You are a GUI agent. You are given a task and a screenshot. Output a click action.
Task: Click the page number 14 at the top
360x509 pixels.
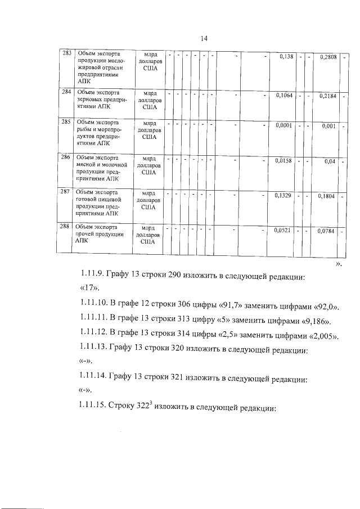pyautogui.click(x=205, y=38)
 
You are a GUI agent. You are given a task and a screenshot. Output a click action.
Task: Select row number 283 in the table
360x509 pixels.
pyautogui.click(x=67, y=53)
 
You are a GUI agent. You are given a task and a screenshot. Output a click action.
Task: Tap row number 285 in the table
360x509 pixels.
pyautogui.click(x=66, y=121)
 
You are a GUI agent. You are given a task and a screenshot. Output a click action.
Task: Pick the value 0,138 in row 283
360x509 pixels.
pyautogui.click(x=286, y=57)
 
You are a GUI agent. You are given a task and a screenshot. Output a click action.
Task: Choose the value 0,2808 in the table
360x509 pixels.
pyautogui.click(x=328, y=57)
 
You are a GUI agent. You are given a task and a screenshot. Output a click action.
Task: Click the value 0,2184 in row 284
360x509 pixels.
pyautogui.click(x=327, y=96)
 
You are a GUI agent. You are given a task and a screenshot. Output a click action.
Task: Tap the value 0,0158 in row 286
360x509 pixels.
pyautogui.click(x=283, y=161)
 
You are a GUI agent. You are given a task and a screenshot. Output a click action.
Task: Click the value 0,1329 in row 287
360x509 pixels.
pyautogui.click(x=283, y=195)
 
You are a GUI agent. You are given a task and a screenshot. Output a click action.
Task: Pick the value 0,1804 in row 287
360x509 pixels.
pyautogui.click(x=327, y=196)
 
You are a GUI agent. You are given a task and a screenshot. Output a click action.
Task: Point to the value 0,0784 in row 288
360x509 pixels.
pyautogui.click(x=326, y=231)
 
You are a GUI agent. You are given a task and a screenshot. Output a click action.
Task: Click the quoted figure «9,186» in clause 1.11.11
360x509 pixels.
pyautogui.click(x=317, y=321)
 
